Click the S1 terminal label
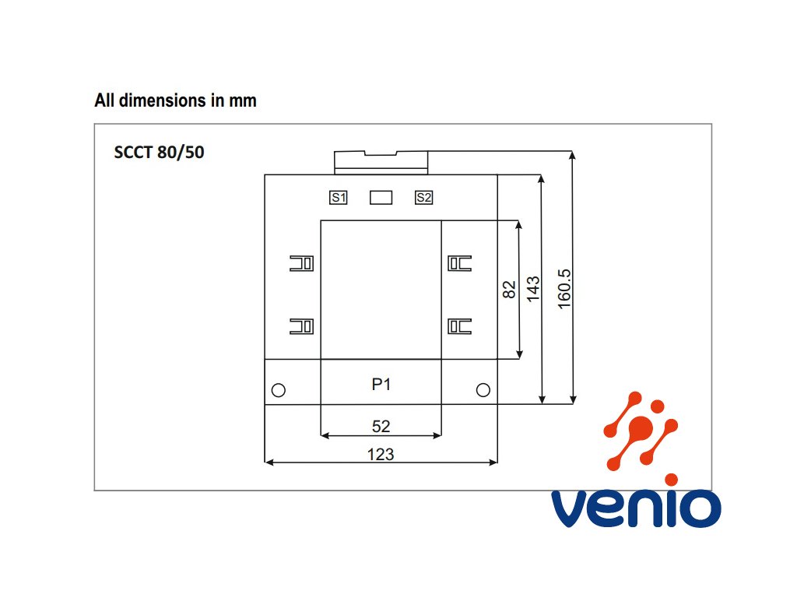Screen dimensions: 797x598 pyautogui.click(x=339, y=198)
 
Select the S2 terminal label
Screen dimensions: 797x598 pyautogui.click(x=423, y=198)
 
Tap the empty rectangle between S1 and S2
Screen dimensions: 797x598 pyautogui.click(x=381, y=198)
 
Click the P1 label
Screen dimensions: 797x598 pyautogui.click(x=381, y=384)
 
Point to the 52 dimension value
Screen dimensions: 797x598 pyautogui.click(x=381, y=426)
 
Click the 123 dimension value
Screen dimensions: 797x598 pyautogui.click(x=381, y=454)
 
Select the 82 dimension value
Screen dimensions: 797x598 pyautogui.click(x=510, y=290)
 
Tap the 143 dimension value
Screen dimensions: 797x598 pyautogui.click(x=534, y=290)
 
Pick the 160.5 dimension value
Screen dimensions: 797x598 pyautogui.click(x=565, y=289)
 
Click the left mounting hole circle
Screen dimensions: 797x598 pyautogui.click(x=278, y=390)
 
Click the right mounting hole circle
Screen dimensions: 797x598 pyautogui.click(x=483, y=389)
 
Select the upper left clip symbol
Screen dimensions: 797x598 pyautogui.click(x=301, y=263)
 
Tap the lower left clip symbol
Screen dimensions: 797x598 pyautogui.click(x=301, y=326)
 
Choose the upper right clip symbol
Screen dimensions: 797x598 pyautogui.click(x=459, y=263)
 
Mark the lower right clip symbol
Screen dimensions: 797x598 pyautogui.click(x=459, y=326)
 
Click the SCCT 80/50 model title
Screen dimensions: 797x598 pyautogui.click(x=160, y=153)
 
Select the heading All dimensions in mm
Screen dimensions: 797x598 pyautogui.click(x=175, y=100)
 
